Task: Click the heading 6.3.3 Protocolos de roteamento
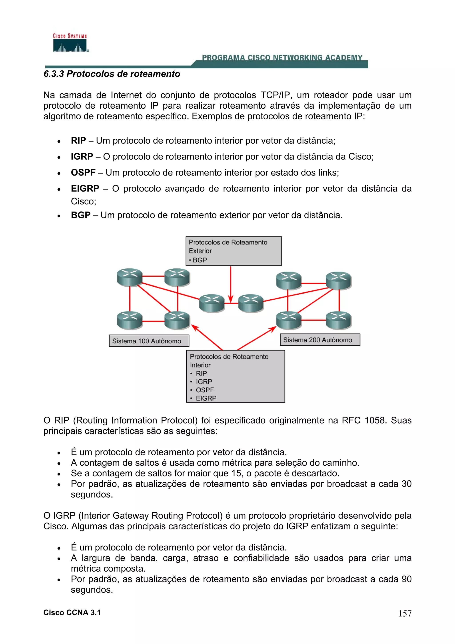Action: [112, 74]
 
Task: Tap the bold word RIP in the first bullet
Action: [78, 140]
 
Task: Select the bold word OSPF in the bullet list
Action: [83, 172]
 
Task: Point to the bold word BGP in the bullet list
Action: [80, 215]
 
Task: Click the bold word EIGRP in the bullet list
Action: [85, 188]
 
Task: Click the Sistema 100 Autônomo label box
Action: [149, 341]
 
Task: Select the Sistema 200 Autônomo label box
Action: [320, 340]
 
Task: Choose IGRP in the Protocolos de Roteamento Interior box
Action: [204, 382]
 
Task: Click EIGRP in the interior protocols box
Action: [206, 398]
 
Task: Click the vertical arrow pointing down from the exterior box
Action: [230, 283]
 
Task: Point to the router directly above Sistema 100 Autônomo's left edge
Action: [130, 320]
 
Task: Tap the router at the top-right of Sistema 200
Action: [338, 280]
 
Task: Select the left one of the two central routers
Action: [212, 303]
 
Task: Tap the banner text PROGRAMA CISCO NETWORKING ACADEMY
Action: [282, 58]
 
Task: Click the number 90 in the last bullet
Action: [406, 579]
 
